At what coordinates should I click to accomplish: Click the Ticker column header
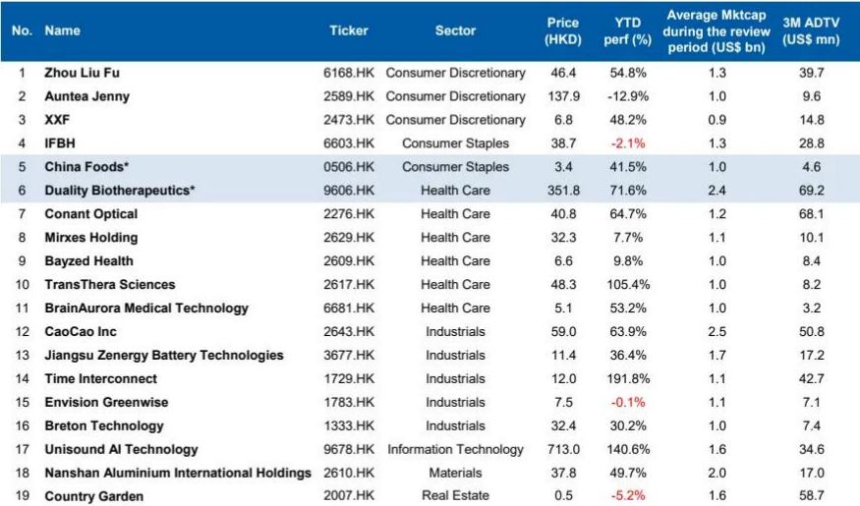349,30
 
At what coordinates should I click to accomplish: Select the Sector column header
455,30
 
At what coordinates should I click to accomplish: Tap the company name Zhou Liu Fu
83,73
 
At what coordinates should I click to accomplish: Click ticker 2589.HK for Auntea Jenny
349,96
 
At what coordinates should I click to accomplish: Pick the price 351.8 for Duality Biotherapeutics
563,191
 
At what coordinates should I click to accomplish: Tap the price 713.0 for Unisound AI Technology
563,450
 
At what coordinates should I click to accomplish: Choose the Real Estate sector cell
455,497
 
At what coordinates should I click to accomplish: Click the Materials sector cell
455,474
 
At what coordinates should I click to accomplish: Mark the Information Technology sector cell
455,450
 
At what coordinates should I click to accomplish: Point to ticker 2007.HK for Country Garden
349,497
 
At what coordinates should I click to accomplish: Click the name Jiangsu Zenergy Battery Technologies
164,356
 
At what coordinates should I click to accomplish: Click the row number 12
22,332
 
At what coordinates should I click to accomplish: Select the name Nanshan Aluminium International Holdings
178,474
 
